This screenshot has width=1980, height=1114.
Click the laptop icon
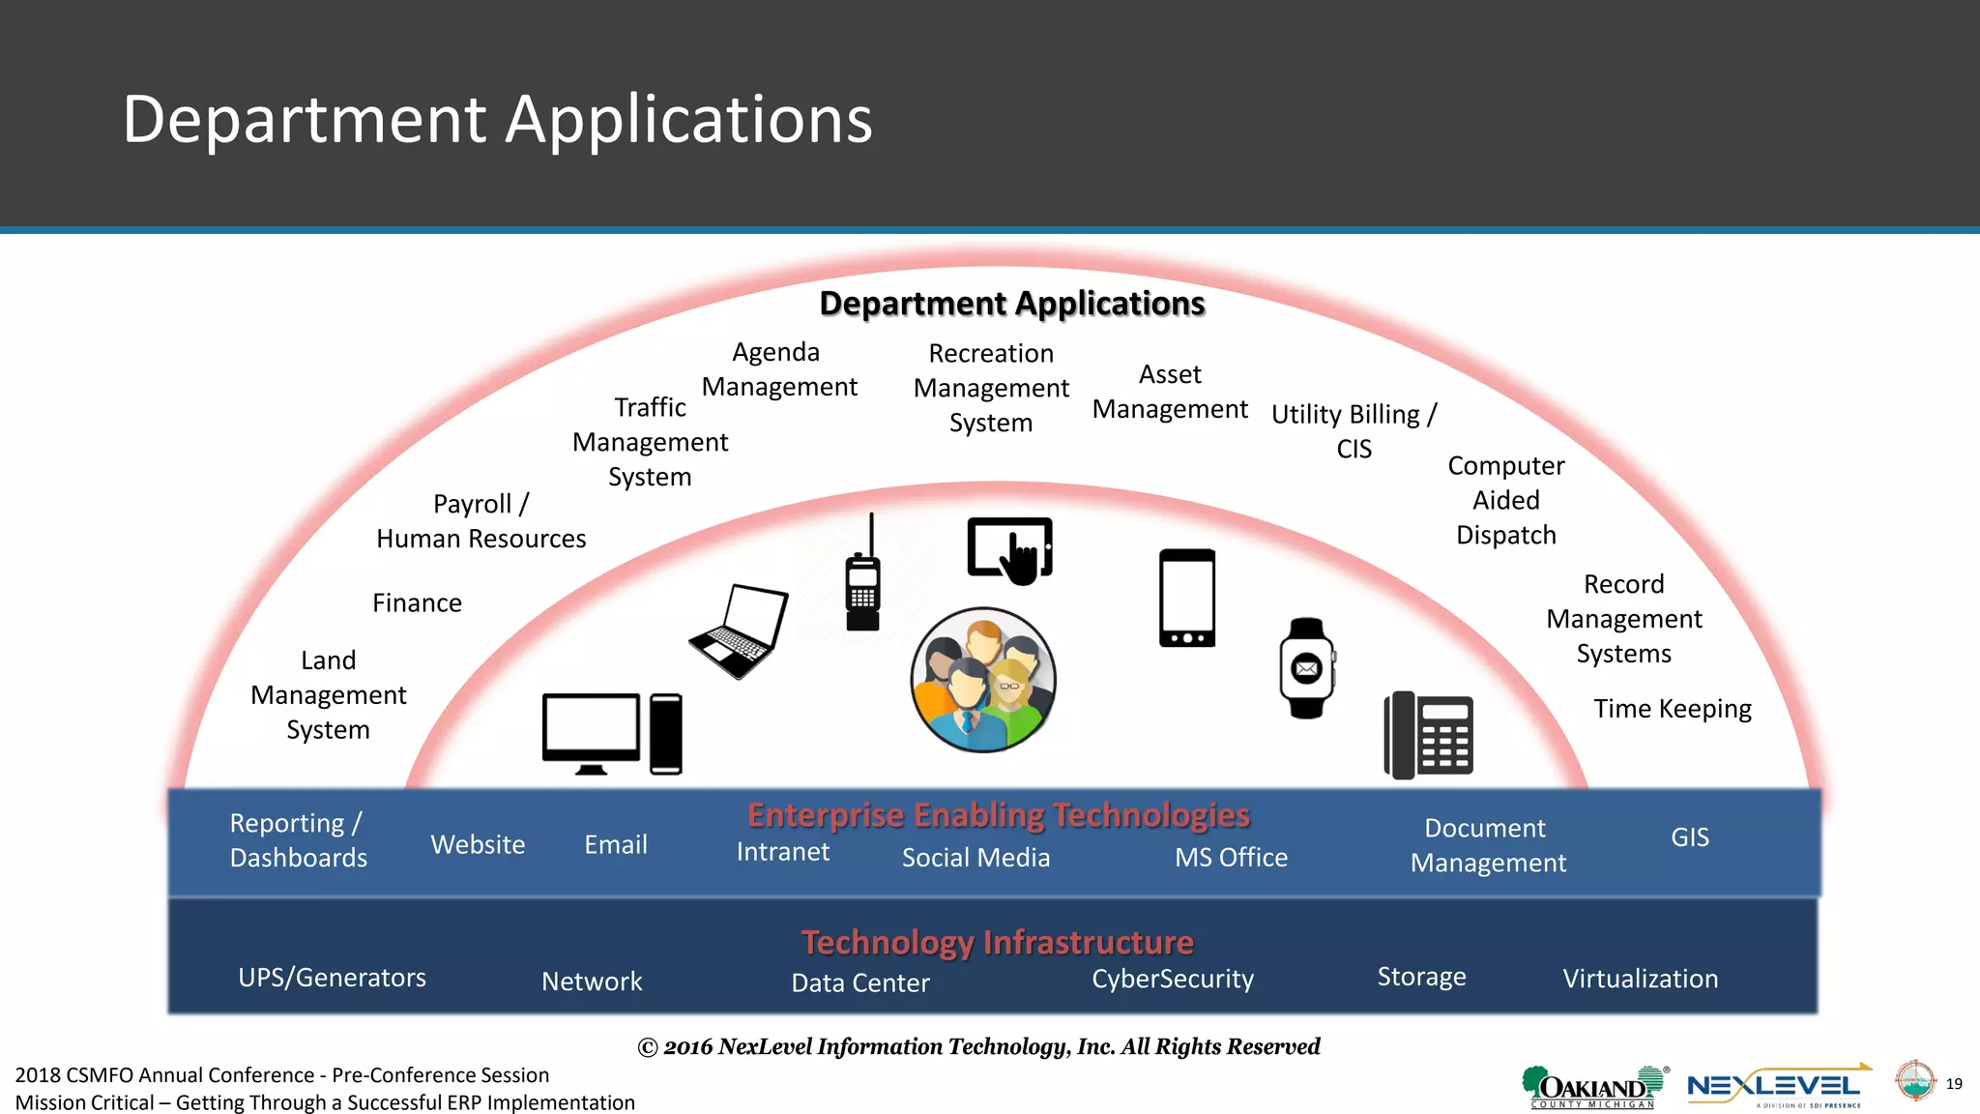(740, 630)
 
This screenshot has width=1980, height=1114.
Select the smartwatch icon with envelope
(1307, 668)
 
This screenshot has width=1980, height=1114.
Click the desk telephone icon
(1429, 735)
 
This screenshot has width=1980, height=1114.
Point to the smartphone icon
(1187, 598)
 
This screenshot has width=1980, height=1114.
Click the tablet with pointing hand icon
(1010, 550)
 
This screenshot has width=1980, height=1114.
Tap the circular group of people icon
(983, 680)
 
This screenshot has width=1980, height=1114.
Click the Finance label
(417, 603)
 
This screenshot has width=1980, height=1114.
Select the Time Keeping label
(1672, 709)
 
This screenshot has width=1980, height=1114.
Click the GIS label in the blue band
(1689, 837)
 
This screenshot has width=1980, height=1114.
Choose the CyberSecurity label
(1173, 979)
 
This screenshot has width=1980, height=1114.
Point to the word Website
(478, 845)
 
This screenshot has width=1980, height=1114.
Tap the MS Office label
(1231, 858)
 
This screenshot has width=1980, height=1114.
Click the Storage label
(1421, 977)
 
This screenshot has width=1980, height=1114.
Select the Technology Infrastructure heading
(997, 942)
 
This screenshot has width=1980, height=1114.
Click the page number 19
(1954, 1084)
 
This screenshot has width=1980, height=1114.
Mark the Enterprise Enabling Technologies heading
(998, 815)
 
